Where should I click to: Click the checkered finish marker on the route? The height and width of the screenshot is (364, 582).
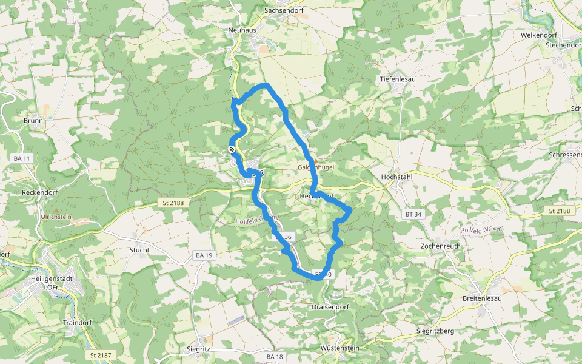tap(232, 149)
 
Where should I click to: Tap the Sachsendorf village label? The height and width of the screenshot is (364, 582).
tap(284, 10)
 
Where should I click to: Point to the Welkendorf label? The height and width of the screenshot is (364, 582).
tap(538, 35)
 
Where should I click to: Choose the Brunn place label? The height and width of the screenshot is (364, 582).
tap(33, 120)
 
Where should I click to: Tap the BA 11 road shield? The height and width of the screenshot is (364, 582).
tap(21, 158)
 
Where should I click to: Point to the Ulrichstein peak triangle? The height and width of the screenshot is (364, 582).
tap(56, 209)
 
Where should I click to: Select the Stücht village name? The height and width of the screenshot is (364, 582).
tap(139, 249)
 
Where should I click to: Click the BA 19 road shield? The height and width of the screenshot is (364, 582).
tap(204, 255)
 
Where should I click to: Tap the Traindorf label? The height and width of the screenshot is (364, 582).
tap(77, 322)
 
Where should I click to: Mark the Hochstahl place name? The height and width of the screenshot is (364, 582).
tap(396, 177)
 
